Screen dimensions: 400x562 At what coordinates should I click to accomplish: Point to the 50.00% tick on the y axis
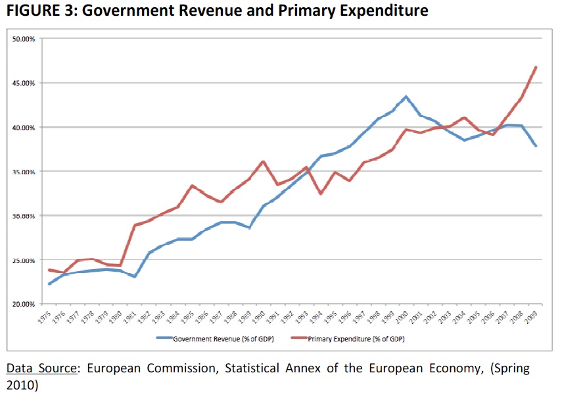pyautogui.click(x=24, y=39)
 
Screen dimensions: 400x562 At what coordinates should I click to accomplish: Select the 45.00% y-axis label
pyautogui.click(x=24, y=83)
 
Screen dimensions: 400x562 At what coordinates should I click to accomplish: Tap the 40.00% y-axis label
pyautogui.click(x=24, y=127)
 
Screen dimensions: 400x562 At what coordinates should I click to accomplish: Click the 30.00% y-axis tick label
pyautogui.click(x=24, y=216)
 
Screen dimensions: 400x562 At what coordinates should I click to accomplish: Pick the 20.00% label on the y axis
pyautogui.click(x=24, y=304)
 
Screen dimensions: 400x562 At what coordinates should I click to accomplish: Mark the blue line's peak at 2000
pyautogui.click(x=406, y=96)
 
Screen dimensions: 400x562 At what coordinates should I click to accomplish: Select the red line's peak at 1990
pyautogui.click(x=264, y=161)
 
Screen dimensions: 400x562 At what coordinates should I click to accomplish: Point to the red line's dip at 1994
pyautogui.click(x=321, y=193)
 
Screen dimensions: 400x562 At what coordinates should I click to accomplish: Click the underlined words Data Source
pyautogui.click(x=41, y=368)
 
